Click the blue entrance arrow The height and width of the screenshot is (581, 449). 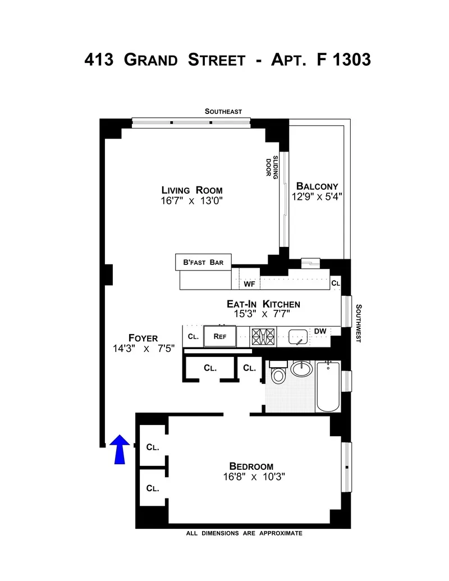[x=118, y=450]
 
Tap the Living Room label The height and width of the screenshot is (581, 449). [x=192, y=190]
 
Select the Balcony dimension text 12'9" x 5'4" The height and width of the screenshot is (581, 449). [x=317, y=196]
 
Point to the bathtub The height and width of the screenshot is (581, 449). [x=328, y=387]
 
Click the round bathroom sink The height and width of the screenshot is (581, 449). [x=303, y=369]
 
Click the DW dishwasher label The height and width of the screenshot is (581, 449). [x=320, y=332]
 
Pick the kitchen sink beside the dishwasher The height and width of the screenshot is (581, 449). [x=297, y=337]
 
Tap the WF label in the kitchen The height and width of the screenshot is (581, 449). [x=250, y=284]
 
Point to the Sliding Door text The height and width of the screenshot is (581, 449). [x=272, y=166]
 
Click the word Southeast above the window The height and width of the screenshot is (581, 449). [x=223, y=112]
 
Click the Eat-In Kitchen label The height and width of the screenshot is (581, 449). [x=263, y=304]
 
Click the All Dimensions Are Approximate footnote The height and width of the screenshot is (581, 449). [x=244, y=533]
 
